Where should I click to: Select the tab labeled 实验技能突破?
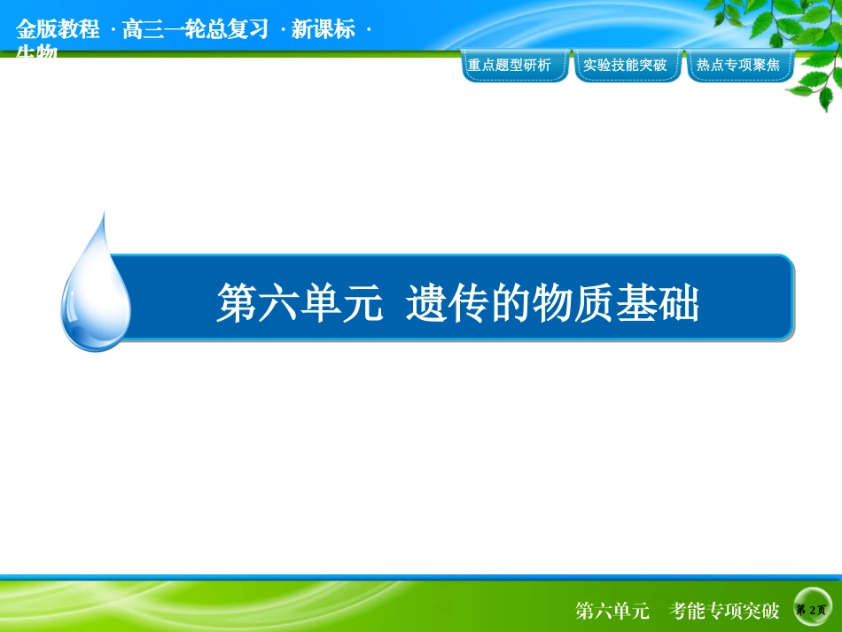point(626,66)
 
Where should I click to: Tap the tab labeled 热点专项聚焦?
point(738,66)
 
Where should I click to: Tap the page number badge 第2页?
point(811,611)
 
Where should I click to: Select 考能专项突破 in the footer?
point(725,611)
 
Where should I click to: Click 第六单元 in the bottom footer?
point(612,611)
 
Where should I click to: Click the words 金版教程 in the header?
point(58,29)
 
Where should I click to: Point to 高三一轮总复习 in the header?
point(195,29)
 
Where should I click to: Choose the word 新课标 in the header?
point(323,29)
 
